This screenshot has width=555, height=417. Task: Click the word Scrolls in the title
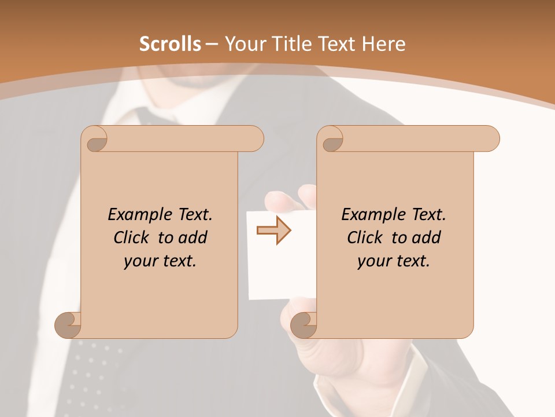(x=170, y=44)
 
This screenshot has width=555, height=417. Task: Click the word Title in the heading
(x=288, y=44)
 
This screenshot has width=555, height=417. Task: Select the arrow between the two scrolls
(x=273, y=231)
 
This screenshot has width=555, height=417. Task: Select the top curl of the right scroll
(x=331, y=140)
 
